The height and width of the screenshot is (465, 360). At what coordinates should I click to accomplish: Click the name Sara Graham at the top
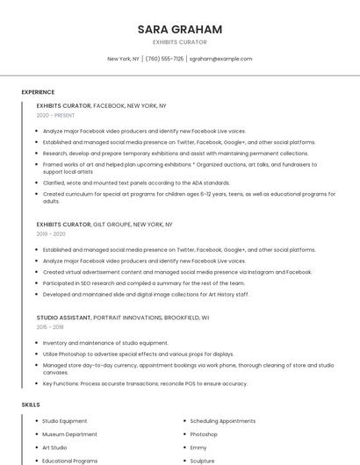click(179, 29)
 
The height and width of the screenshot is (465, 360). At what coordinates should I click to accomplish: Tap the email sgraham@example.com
click(220, 59)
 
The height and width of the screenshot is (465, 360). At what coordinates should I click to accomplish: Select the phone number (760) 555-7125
click(164, 59)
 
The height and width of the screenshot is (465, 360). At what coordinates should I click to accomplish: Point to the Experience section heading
click(38, 91)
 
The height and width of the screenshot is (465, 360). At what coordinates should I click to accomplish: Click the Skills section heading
click(31, 404)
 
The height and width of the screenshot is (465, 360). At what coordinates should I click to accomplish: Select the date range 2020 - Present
click(55, 115)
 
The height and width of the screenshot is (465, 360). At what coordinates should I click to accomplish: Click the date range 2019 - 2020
click(51, 234)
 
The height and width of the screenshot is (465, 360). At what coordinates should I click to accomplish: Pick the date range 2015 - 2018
click(51, 326)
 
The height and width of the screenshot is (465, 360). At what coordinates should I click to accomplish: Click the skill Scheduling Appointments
click(222, 421)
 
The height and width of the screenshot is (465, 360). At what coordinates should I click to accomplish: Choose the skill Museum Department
click(69, 434)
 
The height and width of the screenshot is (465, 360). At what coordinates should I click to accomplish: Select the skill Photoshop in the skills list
click(204, 434)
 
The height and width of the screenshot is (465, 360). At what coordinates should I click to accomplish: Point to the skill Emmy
click(198, 447)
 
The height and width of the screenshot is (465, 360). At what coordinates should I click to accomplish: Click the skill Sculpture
click(202, 460)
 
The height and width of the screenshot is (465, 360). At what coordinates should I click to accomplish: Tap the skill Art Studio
click(54, 447)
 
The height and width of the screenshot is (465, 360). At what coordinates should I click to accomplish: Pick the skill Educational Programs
click(69, 460)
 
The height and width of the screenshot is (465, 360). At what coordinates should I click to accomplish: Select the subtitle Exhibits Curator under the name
click(179, 42)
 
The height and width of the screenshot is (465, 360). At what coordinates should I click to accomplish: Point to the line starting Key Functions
click(145, 383)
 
